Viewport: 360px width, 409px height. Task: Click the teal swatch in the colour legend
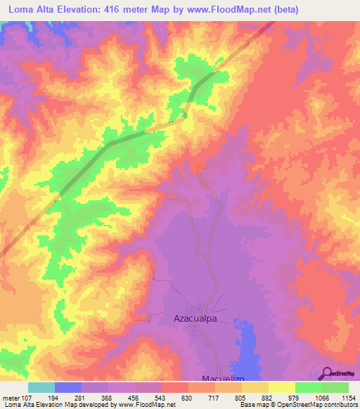(41, 387)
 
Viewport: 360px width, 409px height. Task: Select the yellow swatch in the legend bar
(282, 387)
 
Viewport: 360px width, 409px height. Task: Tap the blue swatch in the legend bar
(68, 387)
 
